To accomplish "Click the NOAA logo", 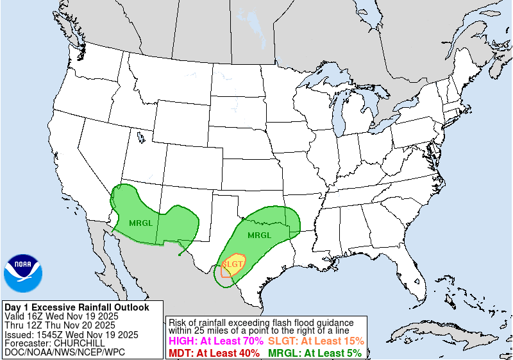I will click(x=23, y=273).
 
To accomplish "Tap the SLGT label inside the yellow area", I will click(x=233, y=264).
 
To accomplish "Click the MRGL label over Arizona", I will click(x=140, y=223).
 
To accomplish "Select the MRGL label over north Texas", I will click(x=260, y=235).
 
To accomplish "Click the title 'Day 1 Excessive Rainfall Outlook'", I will click(x=76, y=307).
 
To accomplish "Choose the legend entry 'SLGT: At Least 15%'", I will click(x=316, y=341).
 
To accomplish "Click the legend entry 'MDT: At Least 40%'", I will click(x=214, y=353).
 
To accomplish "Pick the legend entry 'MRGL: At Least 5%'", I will click(x=315, y=353).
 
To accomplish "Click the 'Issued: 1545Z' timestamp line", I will click(x=71, y=334).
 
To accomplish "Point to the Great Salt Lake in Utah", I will click(x=140, y=136).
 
